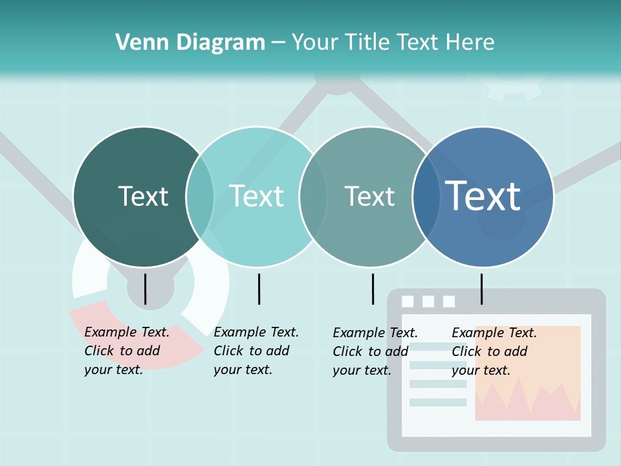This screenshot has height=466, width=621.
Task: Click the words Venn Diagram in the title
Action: [190, 43]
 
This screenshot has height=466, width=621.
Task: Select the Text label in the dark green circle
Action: [143, 196]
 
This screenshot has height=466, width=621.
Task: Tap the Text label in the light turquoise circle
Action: [257, 196]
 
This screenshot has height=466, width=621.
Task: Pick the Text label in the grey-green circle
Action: [369, 196]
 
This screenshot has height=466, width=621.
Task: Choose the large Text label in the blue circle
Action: [483, 196]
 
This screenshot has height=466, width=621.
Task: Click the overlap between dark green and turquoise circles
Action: [200, 196]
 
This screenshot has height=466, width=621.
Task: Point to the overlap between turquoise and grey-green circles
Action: [312, 196]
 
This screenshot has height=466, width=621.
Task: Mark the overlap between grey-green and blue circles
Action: [426, 196]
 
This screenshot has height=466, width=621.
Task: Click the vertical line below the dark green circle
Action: [145, 289]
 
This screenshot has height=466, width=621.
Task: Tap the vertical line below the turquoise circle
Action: [259, 289]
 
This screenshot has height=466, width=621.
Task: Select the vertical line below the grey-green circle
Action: [373, 289]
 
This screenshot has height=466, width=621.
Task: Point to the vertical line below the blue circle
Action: [481, 289]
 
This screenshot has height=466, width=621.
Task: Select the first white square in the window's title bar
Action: [408, 301]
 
